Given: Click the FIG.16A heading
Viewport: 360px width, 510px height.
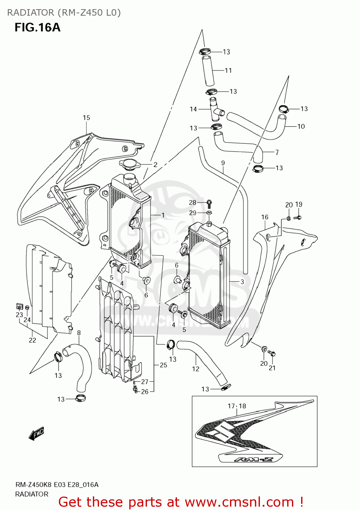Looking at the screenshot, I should pyautogui.click(x=37, y=28).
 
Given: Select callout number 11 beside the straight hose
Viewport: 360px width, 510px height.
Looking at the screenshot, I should pyautogui.click(x=228, y=70).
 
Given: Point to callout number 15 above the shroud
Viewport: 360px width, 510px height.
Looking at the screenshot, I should pyautogui.click(x=86, y=118).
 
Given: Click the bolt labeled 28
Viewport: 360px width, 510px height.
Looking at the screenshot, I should pyautogui.click(x=209, y=203).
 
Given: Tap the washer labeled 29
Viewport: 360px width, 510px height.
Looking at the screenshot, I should pyautogui.click(x=209, y=213).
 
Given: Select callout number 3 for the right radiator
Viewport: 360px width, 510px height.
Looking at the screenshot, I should pyautogui.click(x=242, y=282).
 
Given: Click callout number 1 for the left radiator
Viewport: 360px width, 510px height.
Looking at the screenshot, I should pyautogui.click(x=163, y=215).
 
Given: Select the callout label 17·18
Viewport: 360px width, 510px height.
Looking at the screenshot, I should pyautogui.click(x=237, y=406).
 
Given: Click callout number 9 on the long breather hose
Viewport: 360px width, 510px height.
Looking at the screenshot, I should pyautogui.click(x=223, y=163).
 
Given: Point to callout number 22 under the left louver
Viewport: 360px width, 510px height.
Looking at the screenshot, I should pyautogui.click(x=32, y=340).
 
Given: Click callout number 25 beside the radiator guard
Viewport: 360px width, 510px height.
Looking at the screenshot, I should pyautogui.click(x=163, y=365).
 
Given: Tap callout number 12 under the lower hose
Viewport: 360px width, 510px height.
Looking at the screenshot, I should pyautogui.click(x=196, y=369).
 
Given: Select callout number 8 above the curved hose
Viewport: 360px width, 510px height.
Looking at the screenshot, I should pyautogui.click(x=79, y=333).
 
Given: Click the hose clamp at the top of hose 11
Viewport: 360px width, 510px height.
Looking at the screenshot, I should pyautogui.click(x=204, y=52).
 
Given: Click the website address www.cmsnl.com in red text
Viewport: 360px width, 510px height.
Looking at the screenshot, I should pyautogui.click(x=239, y=502).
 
